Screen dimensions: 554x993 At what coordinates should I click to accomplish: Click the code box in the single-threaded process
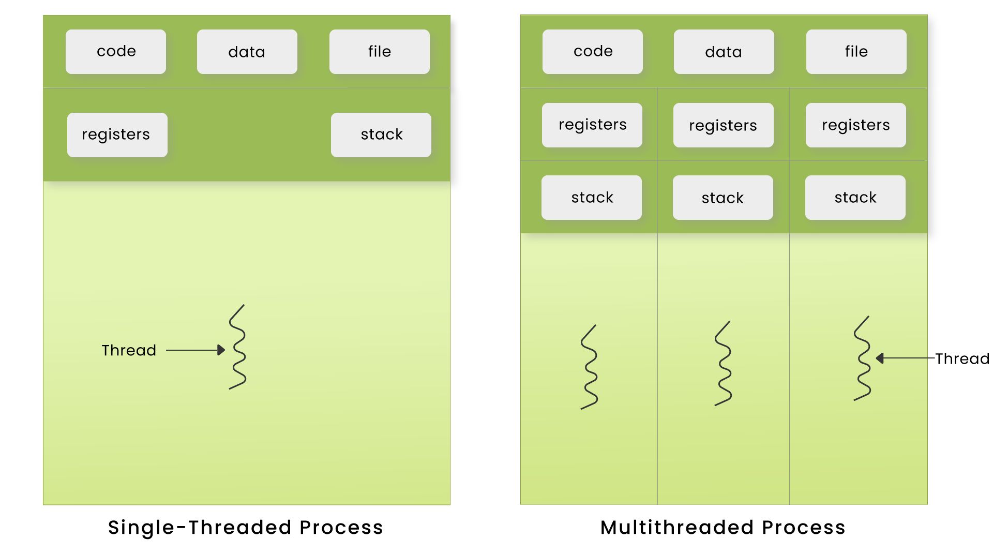pos(116,52)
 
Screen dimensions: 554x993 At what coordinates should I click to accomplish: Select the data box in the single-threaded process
pos(247,52)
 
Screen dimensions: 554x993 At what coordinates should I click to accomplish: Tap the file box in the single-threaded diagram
pos(379,52)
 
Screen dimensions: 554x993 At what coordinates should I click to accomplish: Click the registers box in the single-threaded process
pos(117,135)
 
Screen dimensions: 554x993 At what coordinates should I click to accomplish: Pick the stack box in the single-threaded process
pos(381,135)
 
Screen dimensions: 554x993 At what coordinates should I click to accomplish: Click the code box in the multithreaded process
pos(593,52)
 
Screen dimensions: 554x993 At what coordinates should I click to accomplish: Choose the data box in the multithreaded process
pos(724,52)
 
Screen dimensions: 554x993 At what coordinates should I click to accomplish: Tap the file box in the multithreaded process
pos(856,52)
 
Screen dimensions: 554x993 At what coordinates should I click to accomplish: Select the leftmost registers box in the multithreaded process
pos(592,125)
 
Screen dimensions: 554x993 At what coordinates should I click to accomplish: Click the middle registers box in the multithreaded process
pos(723,125)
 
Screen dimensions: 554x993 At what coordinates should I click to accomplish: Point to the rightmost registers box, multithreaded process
pos(855,125)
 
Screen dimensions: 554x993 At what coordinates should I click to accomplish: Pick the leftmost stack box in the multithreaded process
pos(592,198)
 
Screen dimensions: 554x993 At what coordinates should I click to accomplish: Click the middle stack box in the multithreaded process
pos(723,198)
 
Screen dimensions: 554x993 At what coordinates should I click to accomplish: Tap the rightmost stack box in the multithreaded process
pos(855,198)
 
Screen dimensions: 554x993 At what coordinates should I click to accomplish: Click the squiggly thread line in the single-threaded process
pos(237,347)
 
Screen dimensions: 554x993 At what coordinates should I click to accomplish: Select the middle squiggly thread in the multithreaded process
pos(723,364)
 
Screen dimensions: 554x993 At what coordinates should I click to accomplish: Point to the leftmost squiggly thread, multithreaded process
pos(589,367)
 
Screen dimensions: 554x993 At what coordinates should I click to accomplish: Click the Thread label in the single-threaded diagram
pos(129,351)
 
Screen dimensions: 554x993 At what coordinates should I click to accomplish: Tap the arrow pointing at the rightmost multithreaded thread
pos(905,358)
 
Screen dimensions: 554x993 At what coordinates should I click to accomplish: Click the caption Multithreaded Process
pos(723,528)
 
